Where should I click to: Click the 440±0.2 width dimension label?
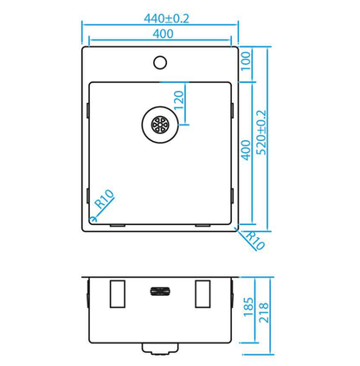click(x=166, y=19)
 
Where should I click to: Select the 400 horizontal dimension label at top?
click(x=163, y=34)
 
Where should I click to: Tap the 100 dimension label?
click(x=246, y=61)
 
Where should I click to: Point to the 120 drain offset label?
click(x=179, y=100)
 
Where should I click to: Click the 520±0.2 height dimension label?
click(x=261, y=132)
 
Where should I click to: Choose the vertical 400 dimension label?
click(x=246, y=150)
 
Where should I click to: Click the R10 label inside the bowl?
click(x=105, y=199)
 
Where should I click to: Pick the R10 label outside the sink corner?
click(x=255, y=240)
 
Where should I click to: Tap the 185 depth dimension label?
click(x=248, y=307)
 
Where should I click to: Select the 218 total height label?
click(x=264, y=312)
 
